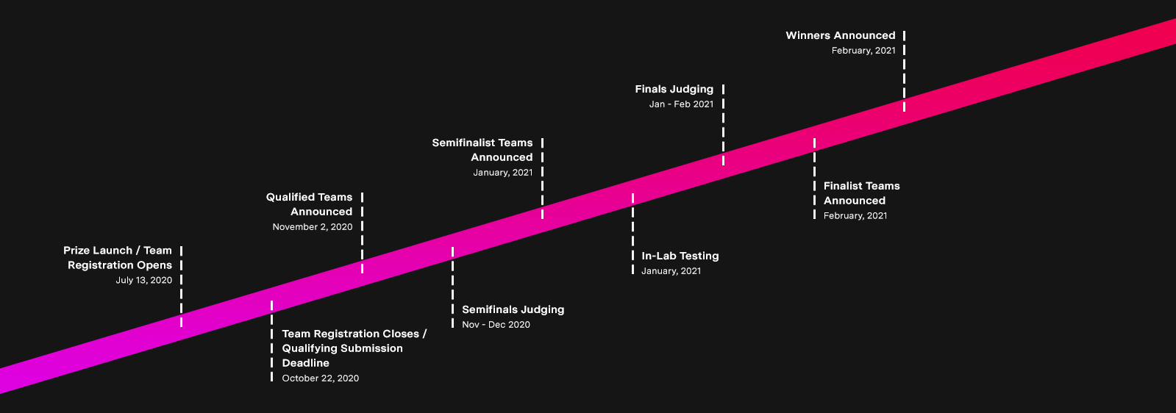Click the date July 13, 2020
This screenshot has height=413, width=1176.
[143, 280]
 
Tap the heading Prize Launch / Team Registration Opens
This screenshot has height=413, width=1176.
[118, 258]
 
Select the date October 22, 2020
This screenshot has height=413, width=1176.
[321, 378]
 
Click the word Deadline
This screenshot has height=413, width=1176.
[306, 363]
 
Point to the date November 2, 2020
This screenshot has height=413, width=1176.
[312, 227]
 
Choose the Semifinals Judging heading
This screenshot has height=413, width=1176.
[513, 309]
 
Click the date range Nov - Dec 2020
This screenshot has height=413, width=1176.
[496, 325]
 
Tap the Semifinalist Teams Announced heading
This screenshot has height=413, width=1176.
[483, 150]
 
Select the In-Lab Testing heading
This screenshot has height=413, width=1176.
[680, 256]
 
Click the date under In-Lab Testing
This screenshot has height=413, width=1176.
[671, 271]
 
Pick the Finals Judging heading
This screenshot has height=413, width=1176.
[674, 89]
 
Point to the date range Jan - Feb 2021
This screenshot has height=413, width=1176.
[681, 104]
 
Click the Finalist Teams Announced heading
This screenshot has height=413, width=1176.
[861, 193]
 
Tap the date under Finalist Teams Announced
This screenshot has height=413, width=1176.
[855, 216]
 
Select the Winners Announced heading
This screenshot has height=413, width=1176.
[840, 35]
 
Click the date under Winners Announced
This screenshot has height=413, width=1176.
[863, 51]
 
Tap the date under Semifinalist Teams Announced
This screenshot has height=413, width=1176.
[502, 173]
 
